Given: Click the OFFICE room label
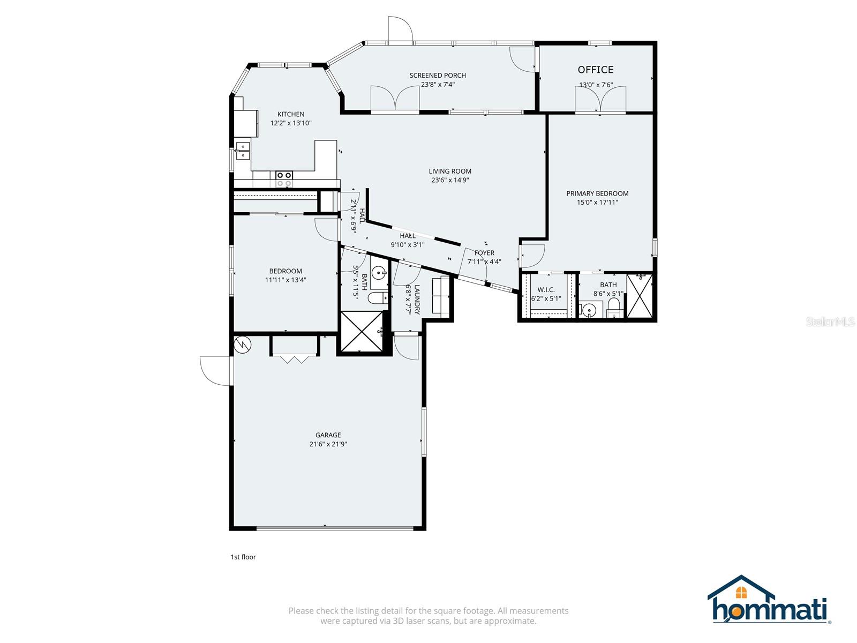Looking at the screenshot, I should (596, 70).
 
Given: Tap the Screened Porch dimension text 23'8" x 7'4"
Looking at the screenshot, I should (438, 84).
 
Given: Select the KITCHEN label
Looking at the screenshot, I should (291, 114).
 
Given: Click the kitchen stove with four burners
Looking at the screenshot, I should (284, 179).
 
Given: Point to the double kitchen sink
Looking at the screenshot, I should (243, 151).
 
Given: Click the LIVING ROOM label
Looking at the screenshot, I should (450, 171).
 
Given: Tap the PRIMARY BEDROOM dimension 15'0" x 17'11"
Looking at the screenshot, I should (597, 203).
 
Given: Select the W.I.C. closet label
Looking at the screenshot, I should (546, 290).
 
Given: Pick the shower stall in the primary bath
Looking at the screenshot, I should (640, 296).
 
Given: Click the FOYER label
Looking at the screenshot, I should (484, 253).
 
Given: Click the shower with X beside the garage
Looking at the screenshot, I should (362, 332).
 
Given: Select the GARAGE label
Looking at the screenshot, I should (328, 435).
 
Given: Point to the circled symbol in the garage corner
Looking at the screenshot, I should (243, 345).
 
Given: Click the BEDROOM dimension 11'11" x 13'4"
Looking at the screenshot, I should (285, 280).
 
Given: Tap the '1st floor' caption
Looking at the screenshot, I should (243, 557).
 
